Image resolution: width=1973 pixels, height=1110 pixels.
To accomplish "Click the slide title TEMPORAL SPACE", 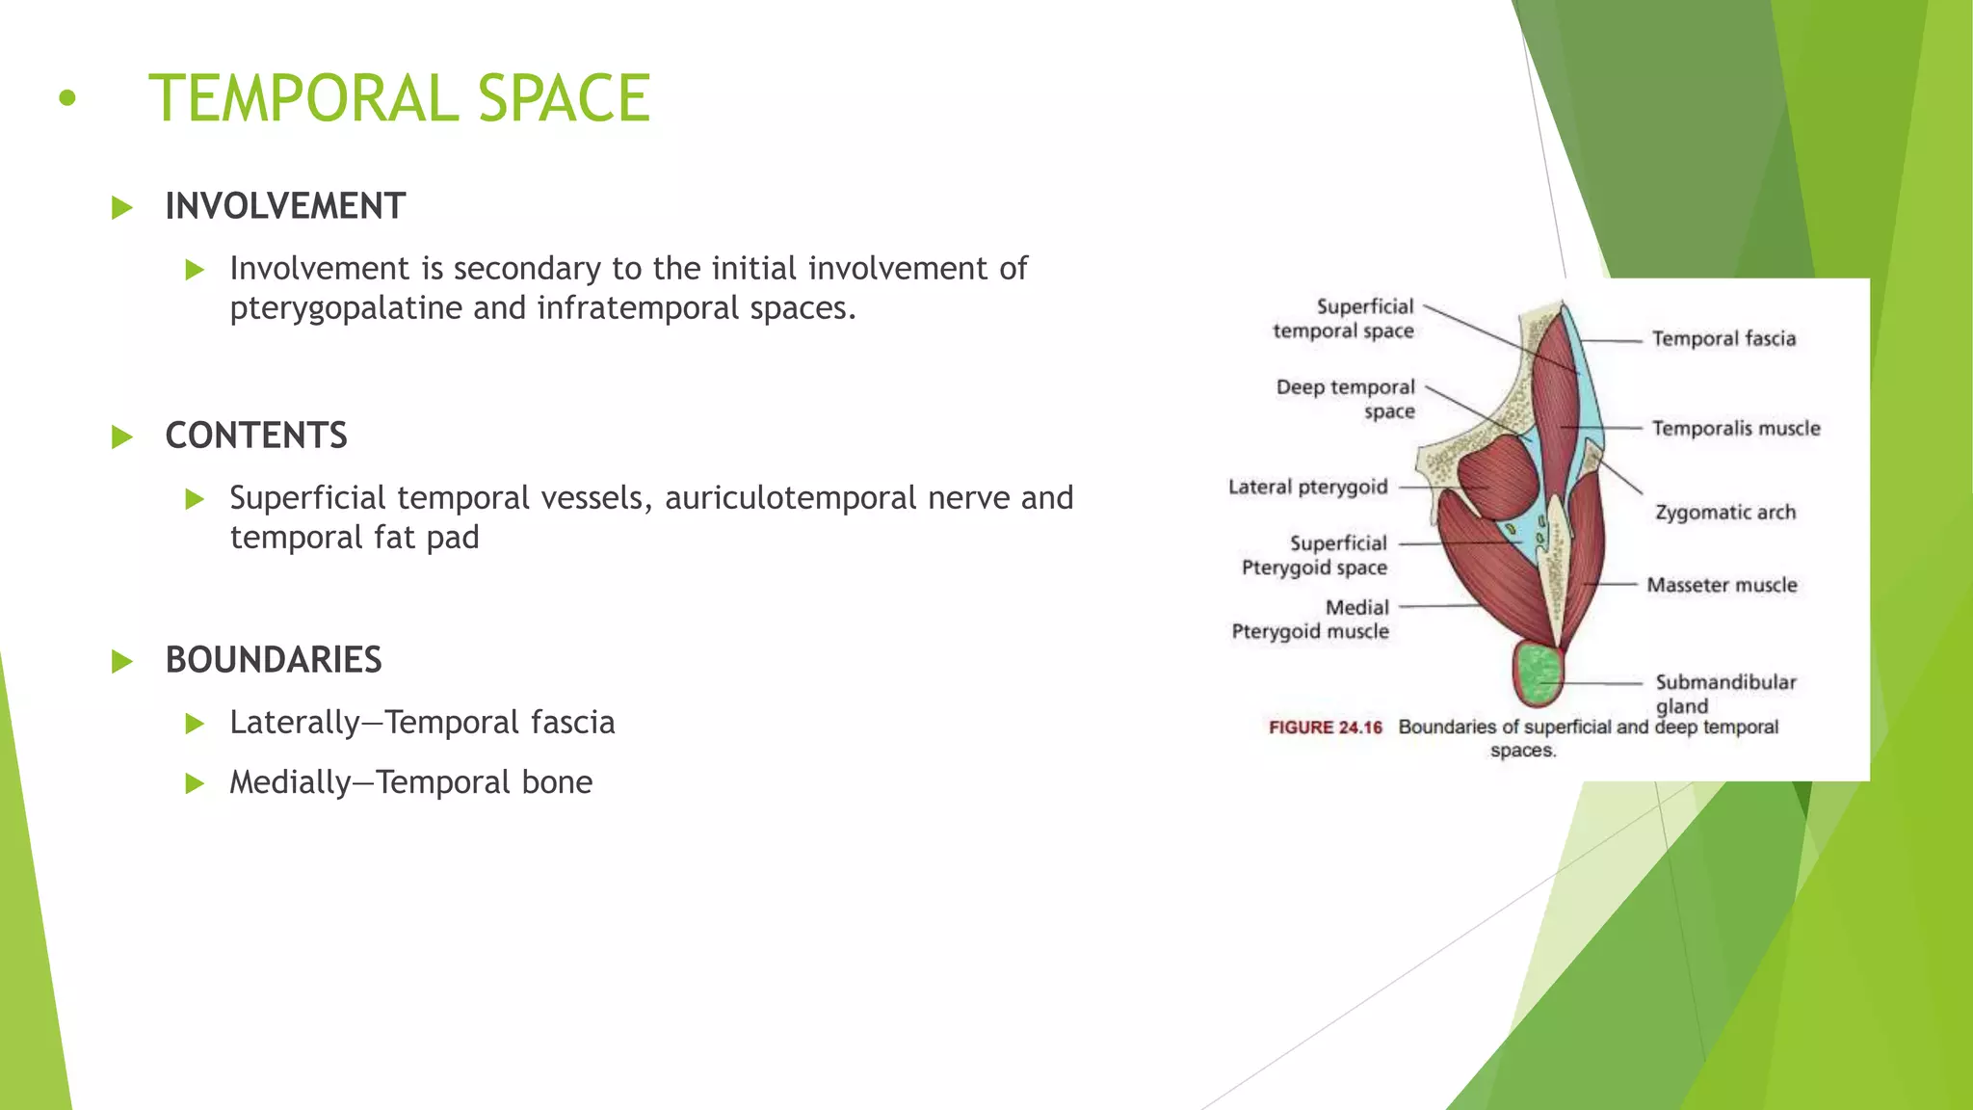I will [399, 98].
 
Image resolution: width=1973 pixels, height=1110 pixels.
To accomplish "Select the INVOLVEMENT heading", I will [285, 206].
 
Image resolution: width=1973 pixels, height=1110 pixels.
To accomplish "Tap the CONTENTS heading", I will [256, 436].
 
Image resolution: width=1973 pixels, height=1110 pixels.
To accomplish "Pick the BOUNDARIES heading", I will [274, 660].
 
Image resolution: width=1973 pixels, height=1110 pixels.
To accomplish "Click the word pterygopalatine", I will [347, 308].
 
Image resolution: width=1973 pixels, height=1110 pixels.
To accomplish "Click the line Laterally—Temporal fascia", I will [422, 723].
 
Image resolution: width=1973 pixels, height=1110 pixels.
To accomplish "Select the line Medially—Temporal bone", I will [410, 782].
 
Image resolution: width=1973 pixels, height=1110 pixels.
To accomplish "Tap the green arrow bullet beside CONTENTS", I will [122, 436].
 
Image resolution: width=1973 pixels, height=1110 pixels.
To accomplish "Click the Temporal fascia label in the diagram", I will [1723, 339].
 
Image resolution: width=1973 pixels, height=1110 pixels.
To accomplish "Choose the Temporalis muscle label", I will [1736, 429].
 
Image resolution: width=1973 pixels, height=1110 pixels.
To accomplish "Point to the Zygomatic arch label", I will [1725, 513].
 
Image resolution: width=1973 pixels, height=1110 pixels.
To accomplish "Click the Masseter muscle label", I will [1722, 585].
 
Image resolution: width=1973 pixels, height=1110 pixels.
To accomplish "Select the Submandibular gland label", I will [1724, 693].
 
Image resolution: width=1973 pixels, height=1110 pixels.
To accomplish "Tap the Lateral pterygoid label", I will [1307, 488].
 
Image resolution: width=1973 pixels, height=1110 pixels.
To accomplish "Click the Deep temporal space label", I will [1346, 399].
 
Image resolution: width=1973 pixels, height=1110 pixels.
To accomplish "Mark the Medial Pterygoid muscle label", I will [1311, 620].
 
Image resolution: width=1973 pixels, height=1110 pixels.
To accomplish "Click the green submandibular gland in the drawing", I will [1539, 674].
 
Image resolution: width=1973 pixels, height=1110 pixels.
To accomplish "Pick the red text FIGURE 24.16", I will [1325, 727].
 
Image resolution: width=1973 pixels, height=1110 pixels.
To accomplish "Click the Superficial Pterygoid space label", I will [1315, 556].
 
